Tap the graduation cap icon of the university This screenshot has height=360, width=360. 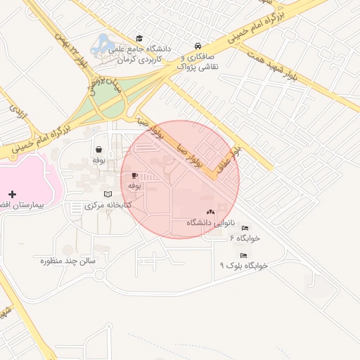[139, 38]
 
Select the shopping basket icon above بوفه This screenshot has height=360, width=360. [98, 149]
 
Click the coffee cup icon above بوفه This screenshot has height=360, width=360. [134, 175]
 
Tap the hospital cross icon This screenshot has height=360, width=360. [12, 193]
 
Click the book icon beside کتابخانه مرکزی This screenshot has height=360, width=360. [108, 194]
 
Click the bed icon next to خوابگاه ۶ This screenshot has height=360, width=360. [245, 229]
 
